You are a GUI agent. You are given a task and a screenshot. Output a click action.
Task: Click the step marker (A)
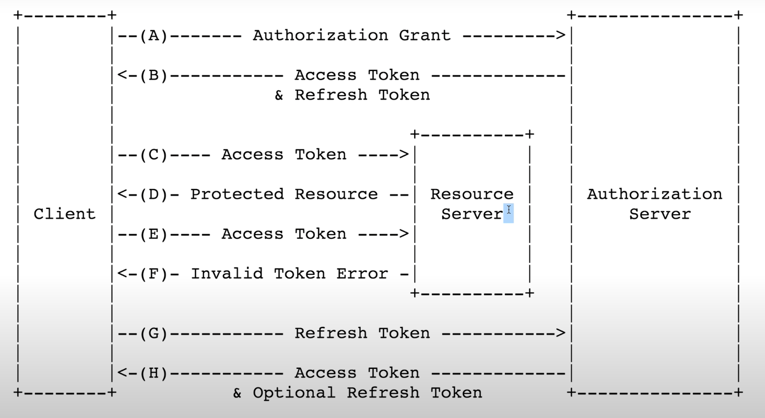[153, 36]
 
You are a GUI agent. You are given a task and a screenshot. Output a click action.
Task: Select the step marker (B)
[153, 75]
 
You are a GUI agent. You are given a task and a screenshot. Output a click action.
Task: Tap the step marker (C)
[153, 155]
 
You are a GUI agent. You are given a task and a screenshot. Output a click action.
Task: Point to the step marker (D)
[153, 194]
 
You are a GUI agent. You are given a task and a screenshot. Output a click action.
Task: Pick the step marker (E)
[153, 234]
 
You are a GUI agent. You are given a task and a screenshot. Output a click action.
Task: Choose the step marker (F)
[153, 274]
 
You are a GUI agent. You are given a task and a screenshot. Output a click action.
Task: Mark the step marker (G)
[153, 333]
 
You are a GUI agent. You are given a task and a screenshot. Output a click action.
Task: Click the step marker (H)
[153, 373]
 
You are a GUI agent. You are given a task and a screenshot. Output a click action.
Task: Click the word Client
[65, 214]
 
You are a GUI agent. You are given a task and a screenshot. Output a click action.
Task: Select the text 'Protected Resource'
[284, 194]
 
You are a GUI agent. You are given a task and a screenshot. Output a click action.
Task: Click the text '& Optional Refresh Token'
[357, 393]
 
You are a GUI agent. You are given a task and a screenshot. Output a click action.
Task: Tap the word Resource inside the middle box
[472, 194]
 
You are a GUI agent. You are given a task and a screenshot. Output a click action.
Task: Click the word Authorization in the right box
[654, 194]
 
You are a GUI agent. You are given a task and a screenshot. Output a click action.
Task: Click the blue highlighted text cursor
[509, 213]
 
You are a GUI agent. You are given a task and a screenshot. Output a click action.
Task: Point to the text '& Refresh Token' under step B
[352, 95]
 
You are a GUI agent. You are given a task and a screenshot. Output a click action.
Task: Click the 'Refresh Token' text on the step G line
[362, 333]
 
